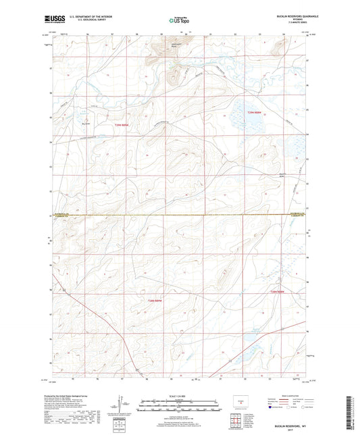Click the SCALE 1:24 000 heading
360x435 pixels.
180,395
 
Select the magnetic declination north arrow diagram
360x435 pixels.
122,404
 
